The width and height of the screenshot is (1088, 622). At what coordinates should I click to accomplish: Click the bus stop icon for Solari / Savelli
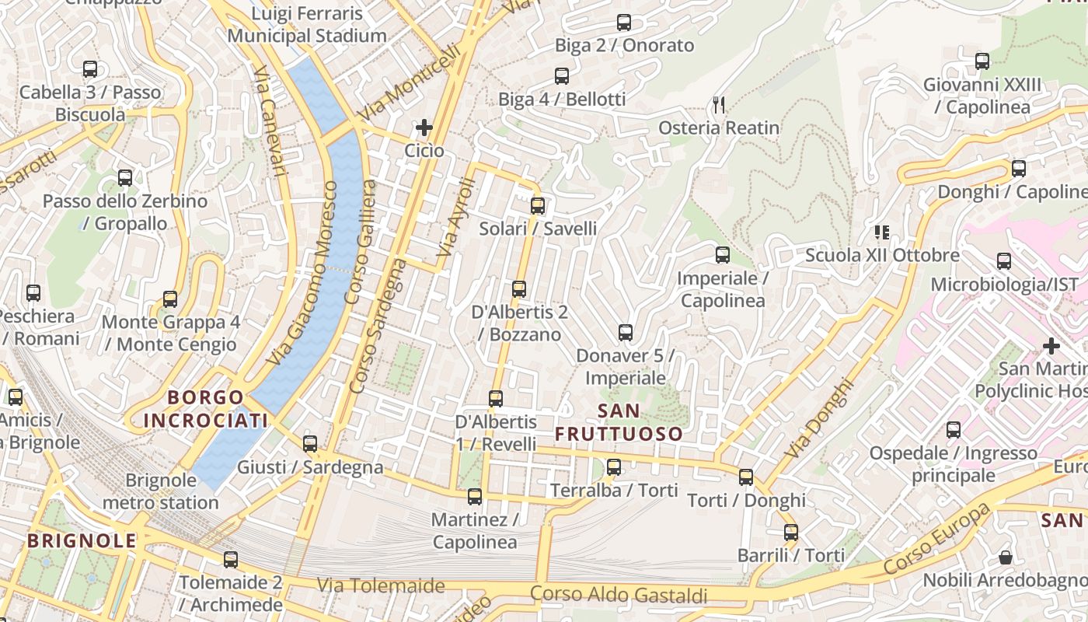pyautogui.click(x=537, y=206)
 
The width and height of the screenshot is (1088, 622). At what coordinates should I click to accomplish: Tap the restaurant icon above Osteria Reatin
pyautogui.click(x=719, y=104)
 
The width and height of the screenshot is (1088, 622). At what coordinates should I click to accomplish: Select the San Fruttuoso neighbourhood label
pyautogui.click(x=619, y=422)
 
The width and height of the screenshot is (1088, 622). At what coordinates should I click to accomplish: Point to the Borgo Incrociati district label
pyautogui.click(x=205, y=409)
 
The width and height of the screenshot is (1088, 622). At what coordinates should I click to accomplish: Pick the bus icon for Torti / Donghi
pyautogui.click(x=746, y=477)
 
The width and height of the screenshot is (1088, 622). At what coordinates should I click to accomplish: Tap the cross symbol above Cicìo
pyautogui.click(x=424, y=127)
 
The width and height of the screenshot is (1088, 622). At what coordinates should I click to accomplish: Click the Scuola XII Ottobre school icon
pyautogui.click(x=881, y=232)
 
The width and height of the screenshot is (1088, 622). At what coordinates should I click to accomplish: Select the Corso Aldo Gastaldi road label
pyautogui.click(x=619, y=595)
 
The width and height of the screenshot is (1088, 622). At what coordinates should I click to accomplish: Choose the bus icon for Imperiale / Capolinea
pyautogui.click(x=723, y=255)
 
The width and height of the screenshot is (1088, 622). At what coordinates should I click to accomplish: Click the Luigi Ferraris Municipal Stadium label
pyautogui.click(x=307, y=25)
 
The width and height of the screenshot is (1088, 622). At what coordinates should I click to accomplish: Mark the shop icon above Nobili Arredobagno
pyautogui.click(x=1005, y=557)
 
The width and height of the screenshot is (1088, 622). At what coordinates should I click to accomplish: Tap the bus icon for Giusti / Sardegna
pyautogui.click(x=310, y=444)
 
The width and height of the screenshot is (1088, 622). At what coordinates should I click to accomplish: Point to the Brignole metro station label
pyautogui.click(x=161, y=491)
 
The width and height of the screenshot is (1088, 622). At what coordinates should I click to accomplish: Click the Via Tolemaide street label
pyautogui.click(x=381, y=585)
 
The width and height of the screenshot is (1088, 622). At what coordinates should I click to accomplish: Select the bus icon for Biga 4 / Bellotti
pyautogui.click(x=562, y=76)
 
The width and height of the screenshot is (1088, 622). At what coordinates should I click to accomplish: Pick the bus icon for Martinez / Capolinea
pyautogui.click(x=475, y=496)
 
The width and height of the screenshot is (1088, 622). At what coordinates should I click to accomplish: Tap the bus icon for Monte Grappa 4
pyautogui.click(x=170, y=299)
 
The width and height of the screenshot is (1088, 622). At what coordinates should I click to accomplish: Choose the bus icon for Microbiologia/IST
pyautogui.click(x=1004, y=261)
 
